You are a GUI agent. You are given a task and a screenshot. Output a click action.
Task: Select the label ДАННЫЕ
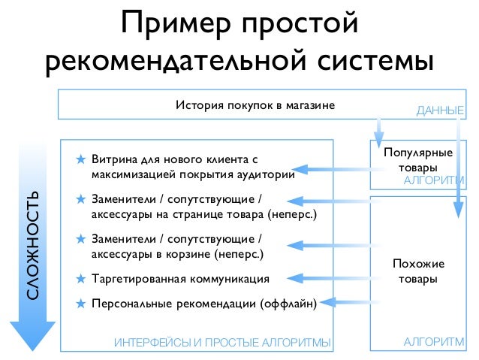coord(439,111)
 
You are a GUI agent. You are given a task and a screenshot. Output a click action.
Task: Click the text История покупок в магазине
coord(255,104)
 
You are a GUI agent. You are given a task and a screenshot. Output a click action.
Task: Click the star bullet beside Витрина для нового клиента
coord(80,160)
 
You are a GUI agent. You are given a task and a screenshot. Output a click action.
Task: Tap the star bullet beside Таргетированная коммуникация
coord(80,279)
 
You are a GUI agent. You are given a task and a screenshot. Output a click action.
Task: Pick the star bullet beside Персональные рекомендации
coord(80,304)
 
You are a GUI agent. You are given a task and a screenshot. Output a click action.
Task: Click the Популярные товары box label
coord(417,160)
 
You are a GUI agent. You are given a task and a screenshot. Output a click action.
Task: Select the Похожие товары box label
coord(418,271)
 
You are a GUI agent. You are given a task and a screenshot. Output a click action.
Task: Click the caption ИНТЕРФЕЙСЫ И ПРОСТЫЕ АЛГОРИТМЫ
coord(221,343)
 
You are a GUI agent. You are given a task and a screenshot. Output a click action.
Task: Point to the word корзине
coord(187,254)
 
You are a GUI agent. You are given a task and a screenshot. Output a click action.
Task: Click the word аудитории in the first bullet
coord(262,175)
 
